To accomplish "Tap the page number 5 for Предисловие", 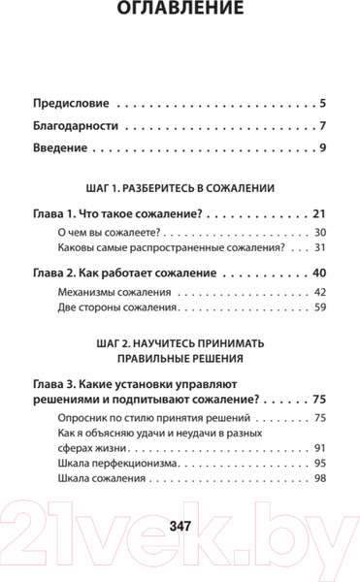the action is pos(323,102).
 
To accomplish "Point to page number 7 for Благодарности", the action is pos(323,125).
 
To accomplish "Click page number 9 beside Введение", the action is pos(323,148).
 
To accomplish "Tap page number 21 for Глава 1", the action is pos(319,212).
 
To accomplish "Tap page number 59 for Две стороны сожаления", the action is pos(320,310).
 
